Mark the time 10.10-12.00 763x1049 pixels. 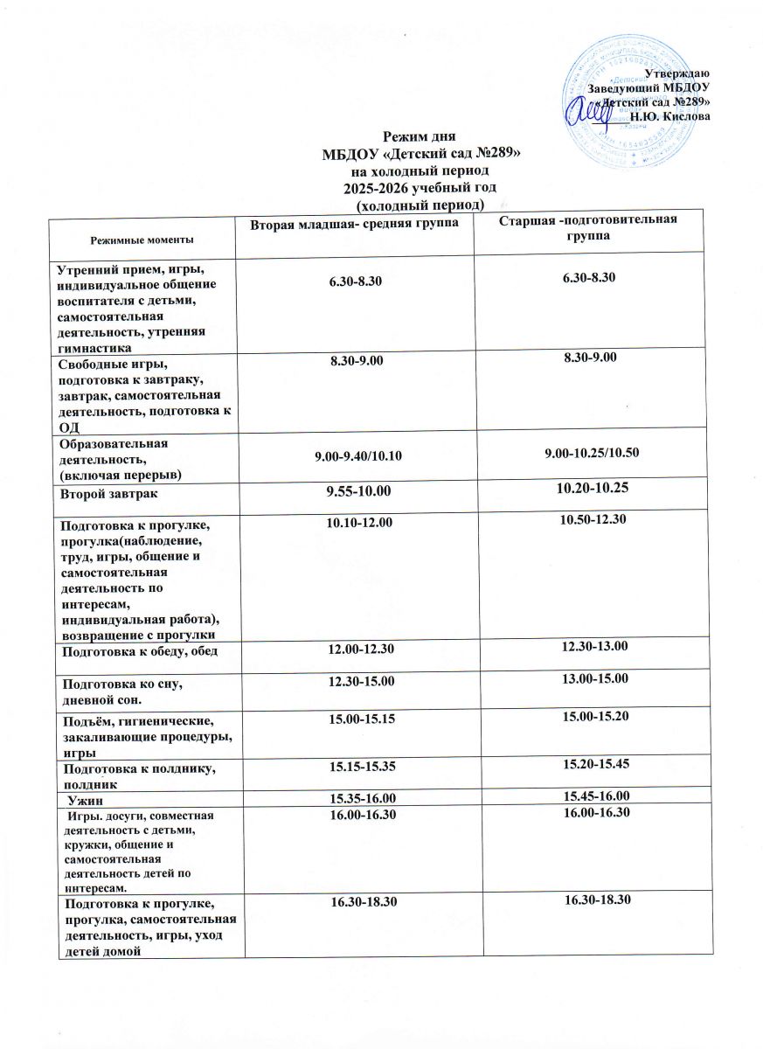359,522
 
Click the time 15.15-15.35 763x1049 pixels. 359,767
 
